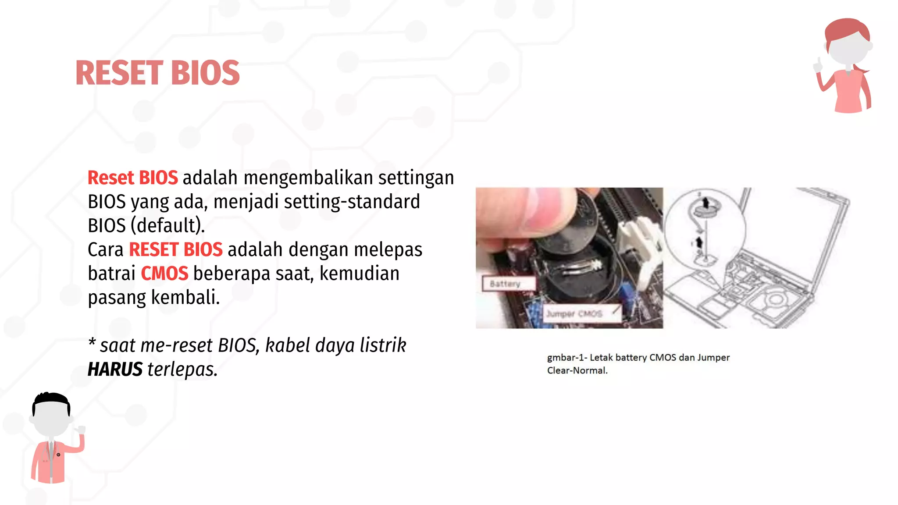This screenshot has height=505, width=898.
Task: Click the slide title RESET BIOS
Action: [157, 73]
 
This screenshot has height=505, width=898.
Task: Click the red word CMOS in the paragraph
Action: [164, 274]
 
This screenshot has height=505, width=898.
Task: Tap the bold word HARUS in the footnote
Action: [115, 370]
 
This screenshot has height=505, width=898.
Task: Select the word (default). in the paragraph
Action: [168, 226]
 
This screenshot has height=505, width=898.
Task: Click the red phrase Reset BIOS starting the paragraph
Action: [132, 178]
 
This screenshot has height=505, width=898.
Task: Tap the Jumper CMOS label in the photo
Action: [574, 314]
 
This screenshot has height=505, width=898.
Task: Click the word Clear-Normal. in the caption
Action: [577, 371]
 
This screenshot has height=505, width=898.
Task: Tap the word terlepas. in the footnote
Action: [182, 370]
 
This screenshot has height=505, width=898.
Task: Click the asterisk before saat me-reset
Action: [92, 342]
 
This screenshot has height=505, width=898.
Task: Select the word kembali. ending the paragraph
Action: [185, 298]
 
